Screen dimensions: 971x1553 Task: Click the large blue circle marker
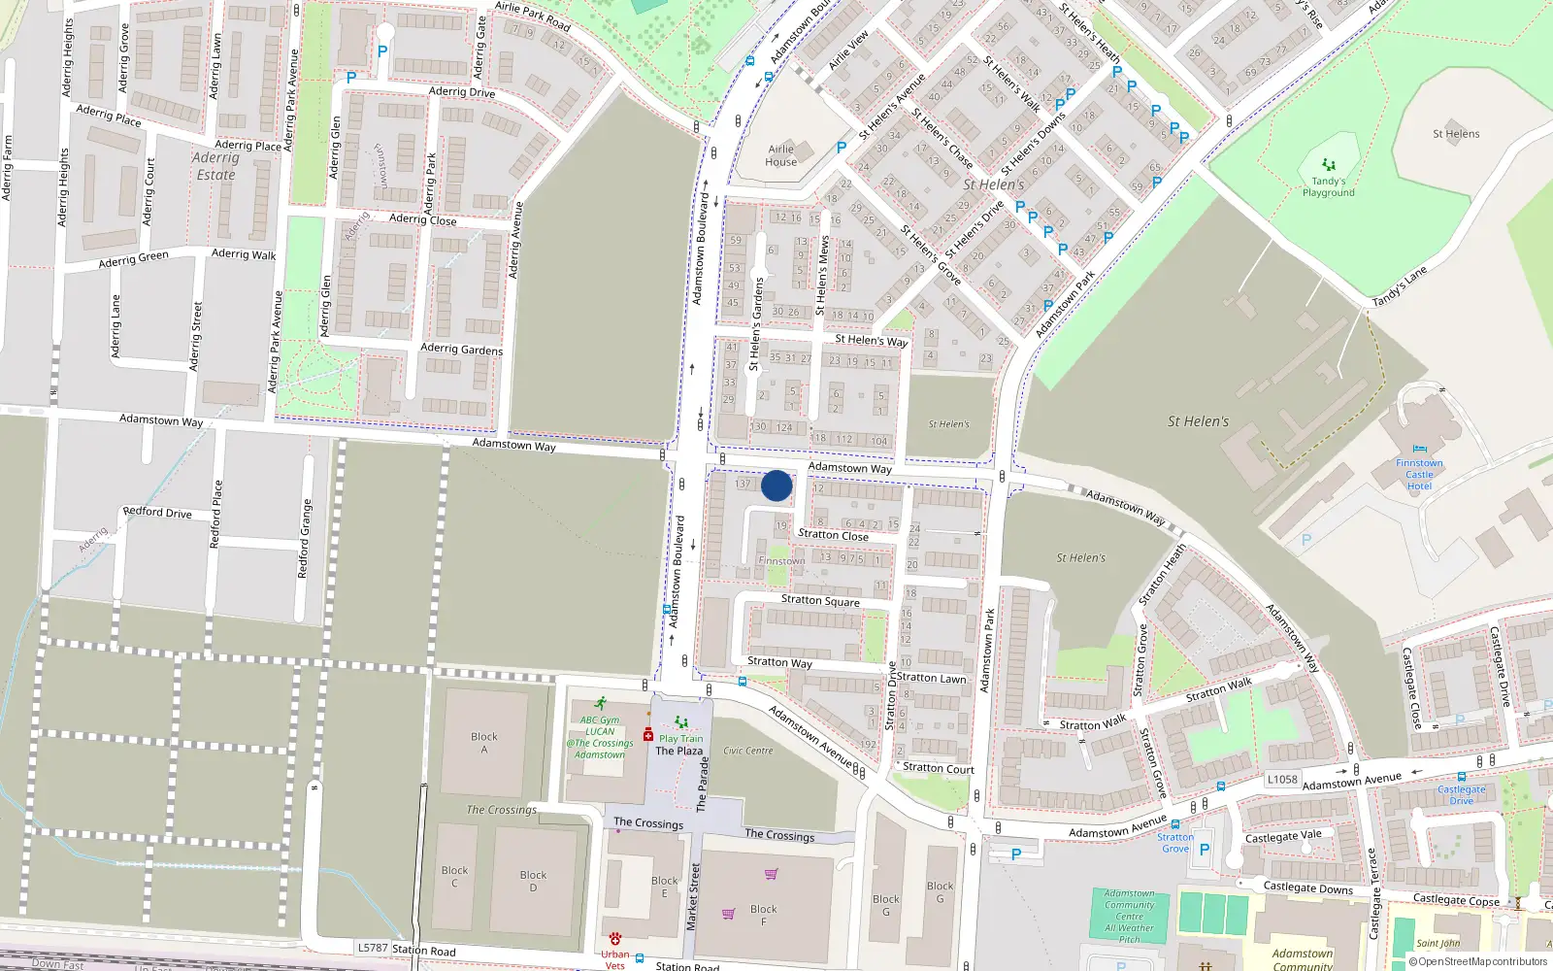(x=776, y=485)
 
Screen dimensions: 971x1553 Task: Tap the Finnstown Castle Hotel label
(x=1419, y=474)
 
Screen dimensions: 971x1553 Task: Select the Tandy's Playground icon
(x=1329, y=165)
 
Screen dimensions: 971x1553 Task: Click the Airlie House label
(x=781, y=155)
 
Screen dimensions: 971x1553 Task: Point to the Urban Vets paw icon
(x=614, y=939)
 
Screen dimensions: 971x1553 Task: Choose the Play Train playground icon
(x=680, y=723)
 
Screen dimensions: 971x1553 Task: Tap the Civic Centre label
(x=748, y=751)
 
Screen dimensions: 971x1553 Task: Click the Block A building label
(x=484, y=743)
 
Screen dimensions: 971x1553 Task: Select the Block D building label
(x=533, y=881)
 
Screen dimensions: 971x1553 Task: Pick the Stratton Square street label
(x=820, y=600)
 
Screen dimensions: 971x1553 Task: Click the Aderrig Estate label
(x=215, y=166)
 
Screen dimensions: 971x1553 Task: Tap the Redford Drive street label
(x=157, y=512)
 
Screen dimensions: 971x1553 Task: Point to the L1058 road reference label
(x=1282, y=779)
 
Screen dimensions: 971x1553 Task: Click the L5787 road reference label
(x=373, y=948)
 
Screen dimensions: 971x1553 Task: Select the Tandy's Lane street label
(x=1399, y=287)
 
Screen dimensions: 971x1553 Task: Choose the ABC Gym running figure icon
(x=601, y=703)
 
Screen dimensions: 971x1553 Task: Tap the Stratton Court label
(x=939, y=768)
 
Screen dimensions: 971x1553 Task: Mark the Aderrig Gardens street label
(x=462, y=349)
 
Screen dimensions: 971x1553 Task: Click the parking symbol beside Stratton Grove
(x=1205, y=849)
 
